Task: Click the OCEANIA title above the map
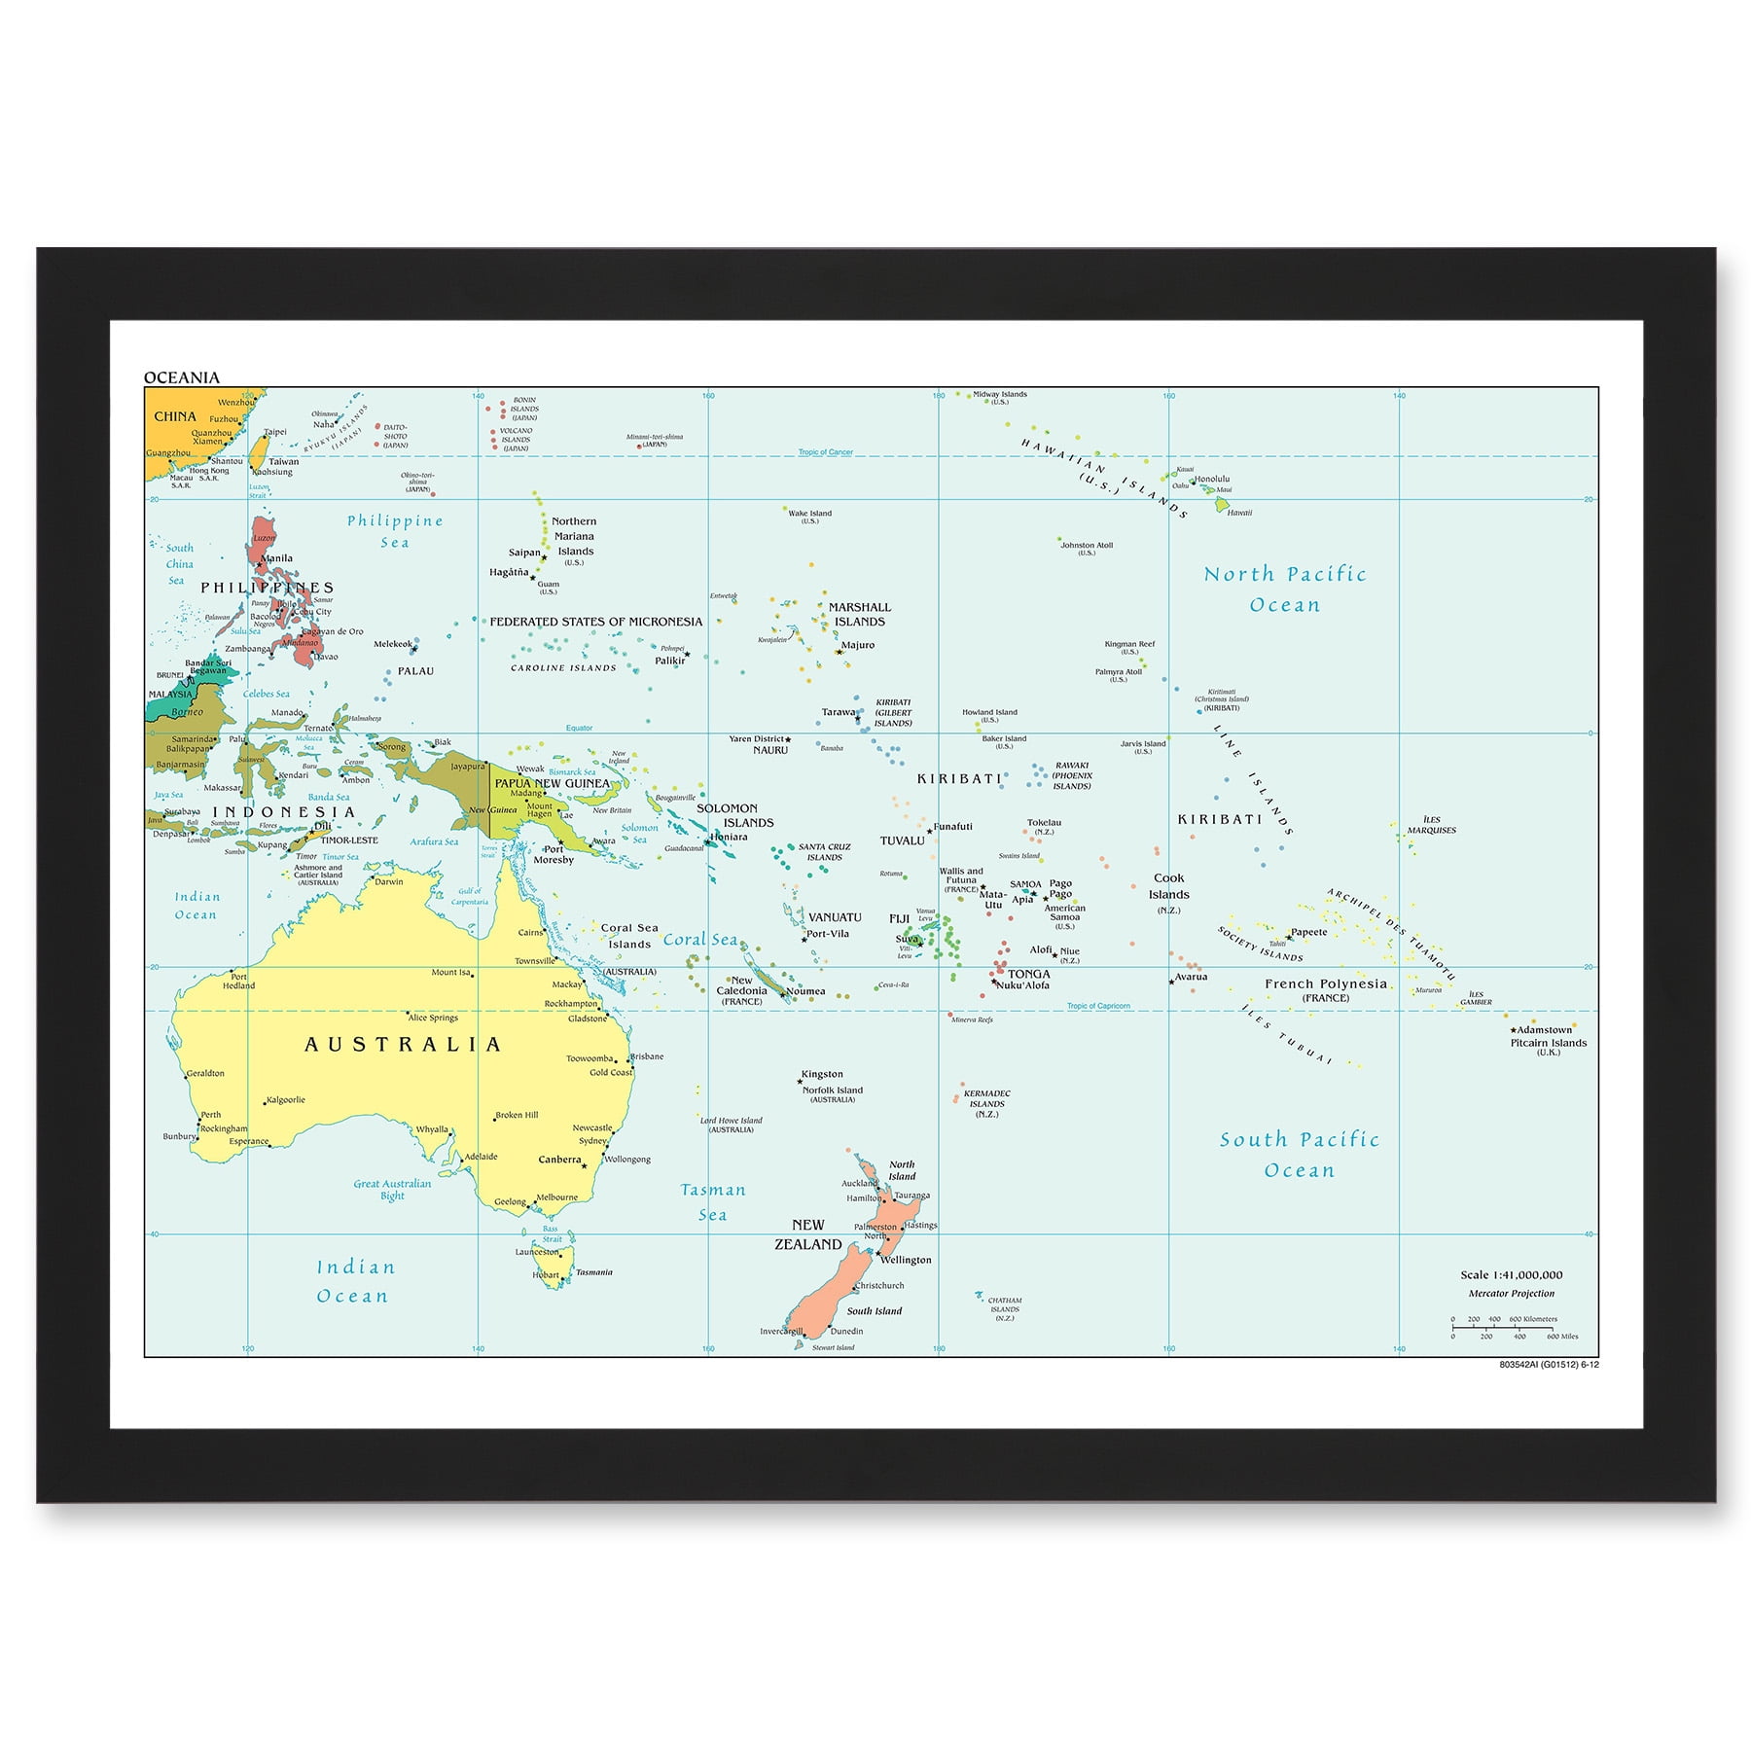[182, 377]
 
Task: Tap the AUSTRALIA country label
[403, 1045]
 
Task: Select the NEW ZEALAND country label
[807, 1234]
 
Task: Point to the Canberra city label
[559, 1160]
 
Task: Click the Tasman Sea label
[712, 1201]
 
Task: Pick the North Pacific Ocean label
[1285, 590]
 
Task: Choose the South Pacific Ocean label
[1300, 1155]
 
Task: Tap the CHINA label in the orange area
[175, 416]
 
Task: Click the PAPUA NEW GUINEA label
[552, 783]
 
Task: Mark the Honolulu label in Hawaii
[1212, 479]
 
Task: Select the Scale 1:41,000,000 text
[1511, 1274]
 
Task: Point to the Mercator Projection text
[1511, 1294]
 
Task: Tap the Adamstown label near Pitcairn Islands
[1544, 1029]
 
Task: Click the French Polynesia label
[1325, 983]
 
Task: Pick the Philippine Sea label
[395, 531]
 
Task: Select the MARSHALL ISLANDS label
[859, 614]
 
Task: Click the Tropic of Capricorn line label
[1098, 1006]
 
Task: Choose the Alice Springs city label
[433, 1018]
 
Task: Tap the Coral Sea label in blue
[699, 939]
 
